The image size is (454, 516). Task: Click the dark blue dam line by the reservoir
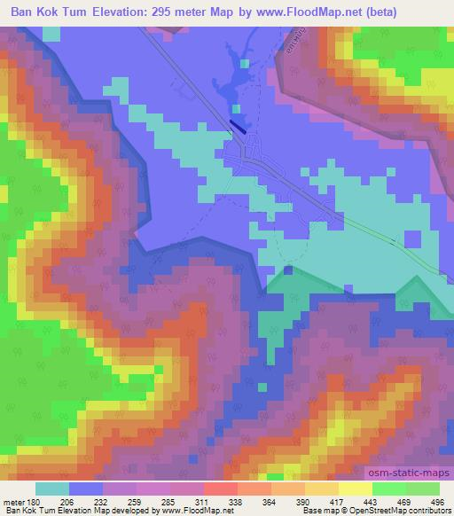tap(237, 127)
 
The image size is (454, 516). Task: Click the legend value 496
tap(438, 501)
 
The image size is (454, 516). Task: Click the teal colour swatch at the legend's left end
tap(51, 489)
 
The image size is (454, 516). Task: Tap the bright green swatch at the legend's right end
tap(423, 489)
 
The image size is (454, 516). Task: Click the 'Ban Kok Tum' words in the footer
tap(26, 512)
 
